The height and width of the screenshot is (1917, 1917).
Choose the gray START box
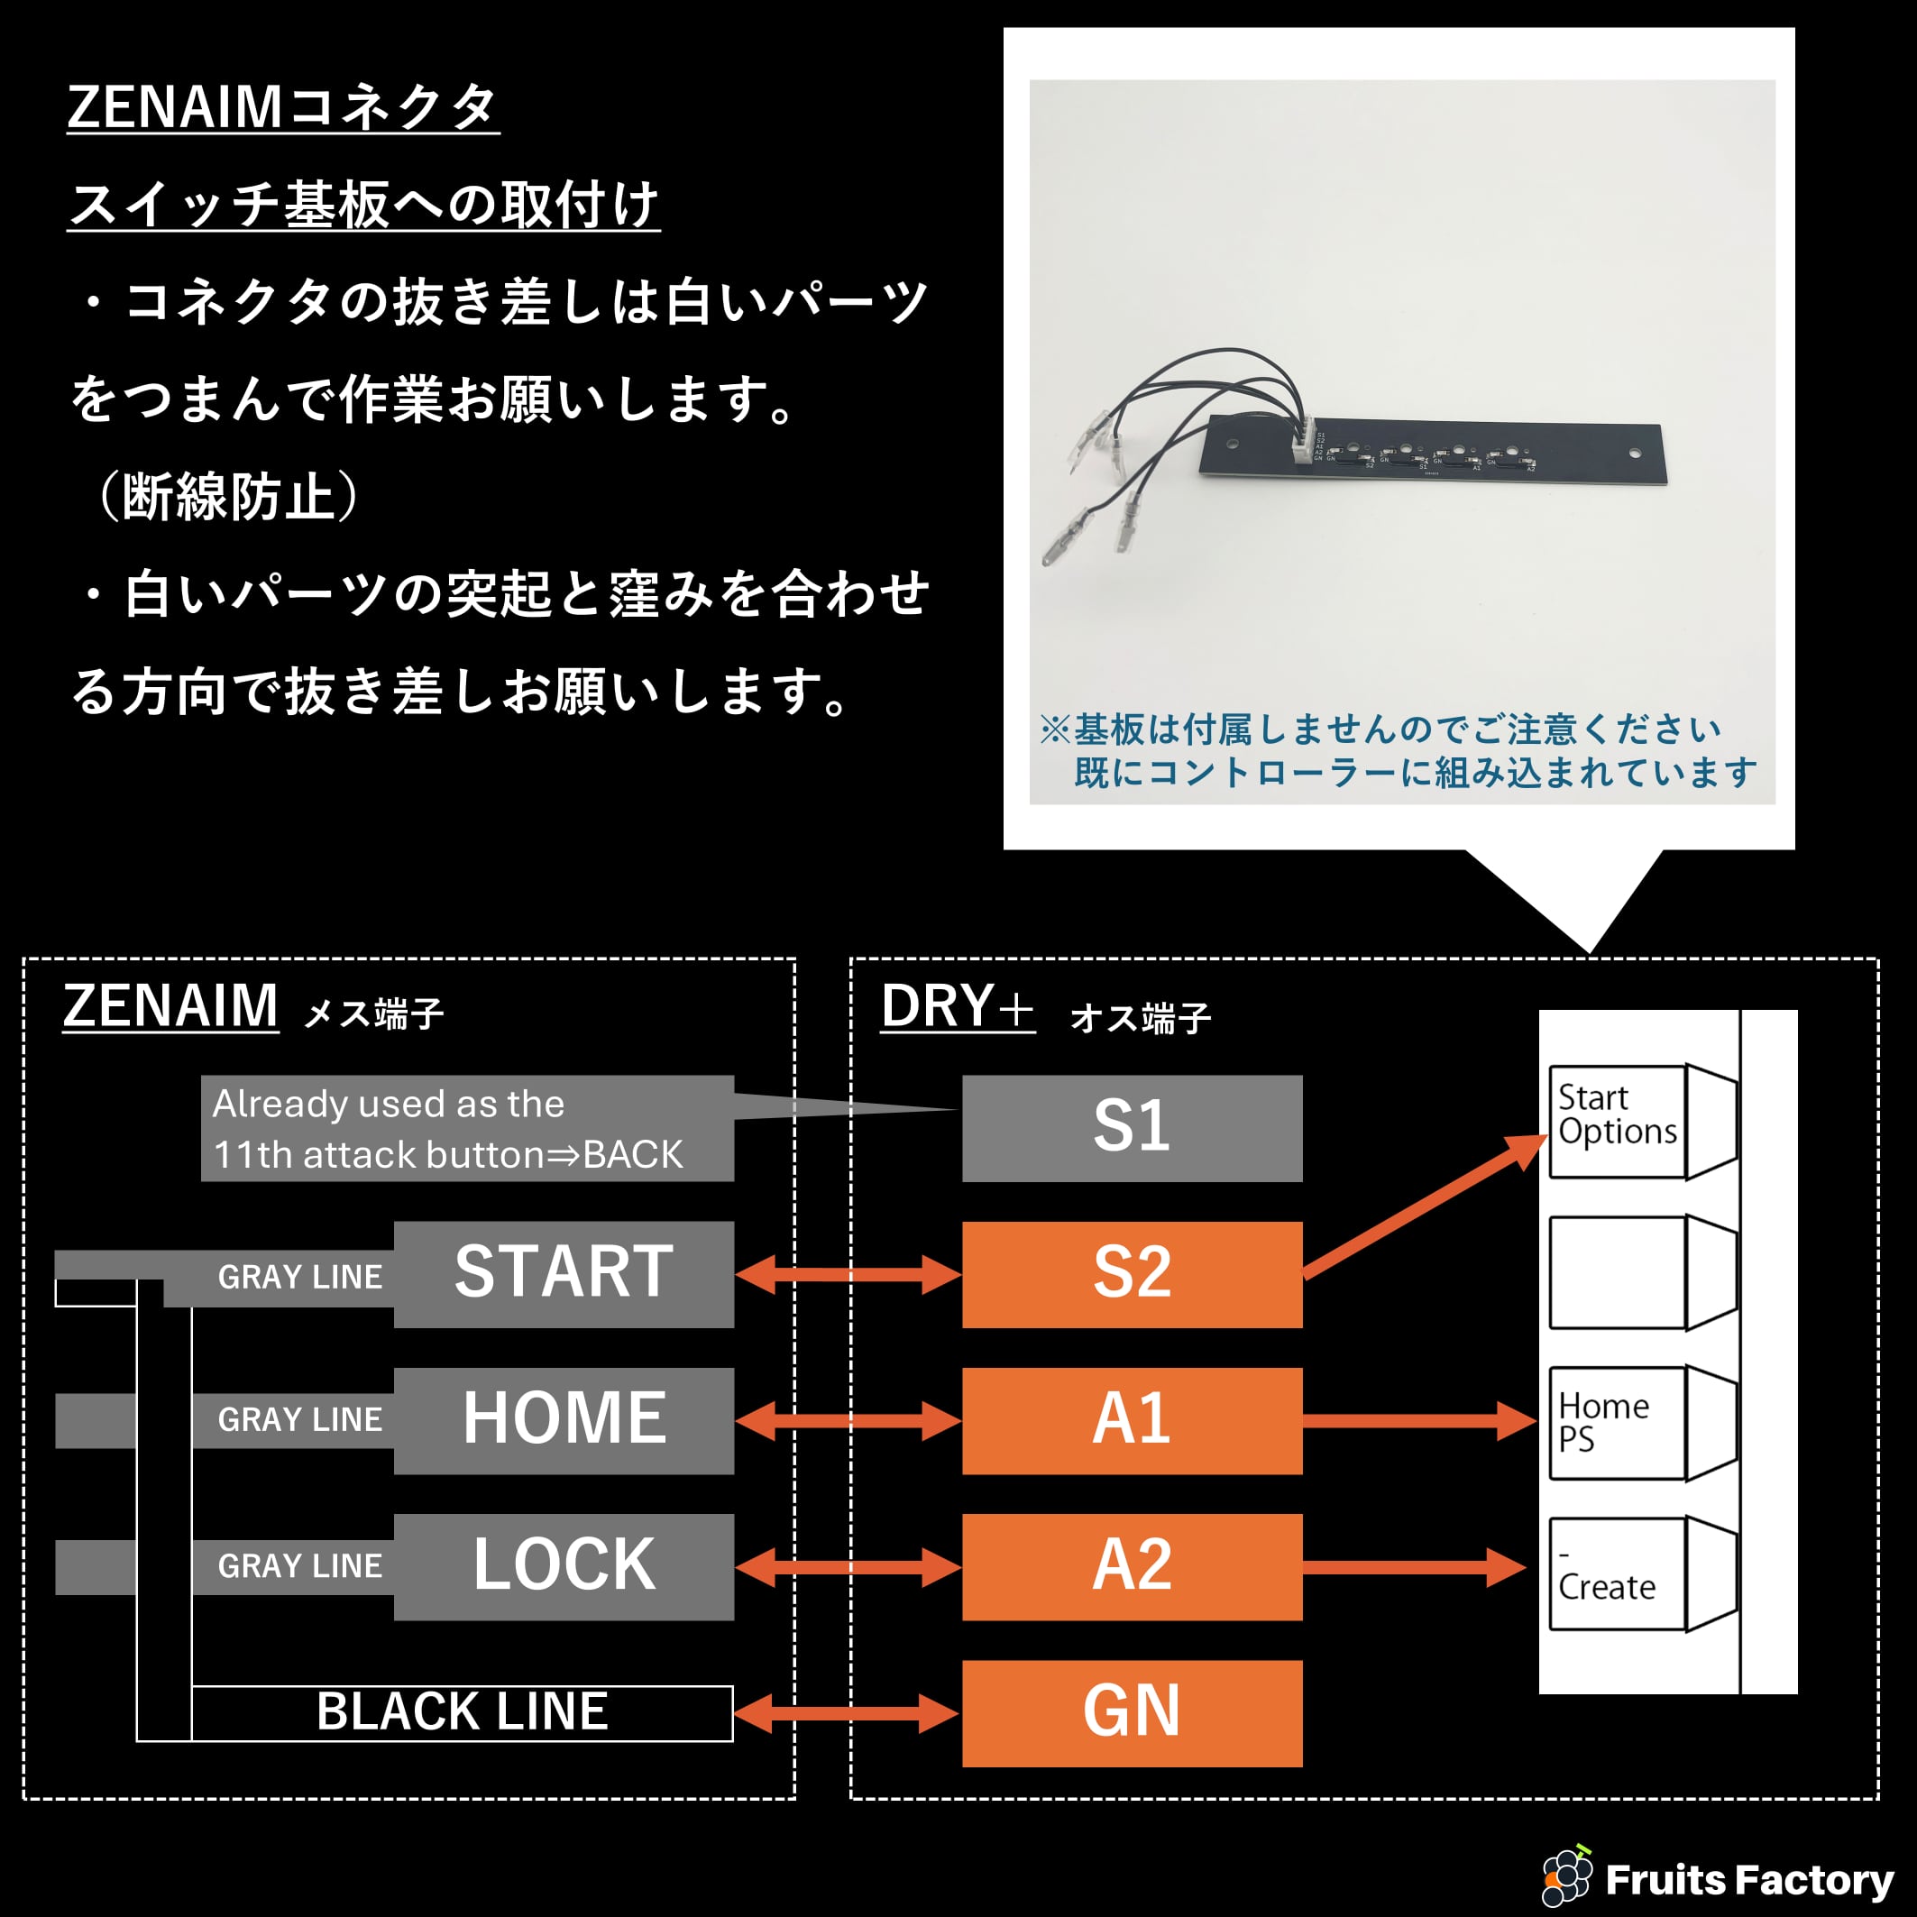[x=564, y=1274]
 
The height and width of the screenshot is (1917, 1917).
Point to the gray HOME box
[x=564, y=1420]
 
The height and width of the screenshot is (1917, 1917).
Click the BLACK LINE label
[x=463, y=1712]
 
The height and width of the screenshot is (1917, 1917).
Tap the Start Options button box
[x=1618, y=1121]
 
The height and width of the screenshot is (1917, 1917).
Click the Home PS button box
[x=1618, y=1423]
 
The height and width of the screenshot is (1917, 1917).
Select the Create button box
[x=1618, y=1573]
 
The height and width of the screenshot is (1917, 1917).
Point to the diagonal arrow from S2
[x=1425, y=1206]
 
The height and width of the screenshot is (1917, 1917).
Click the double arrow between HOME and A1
[x=848, y=1421]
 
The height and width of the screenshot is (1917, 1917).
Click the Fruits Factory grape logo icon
[x=1567, y=1876]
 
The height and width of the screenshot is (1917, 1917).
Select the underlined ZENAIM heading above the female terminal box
[x=170, y=1006]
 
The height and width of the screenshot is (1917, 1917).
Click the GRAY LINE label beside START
[x=299, y=1277]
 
